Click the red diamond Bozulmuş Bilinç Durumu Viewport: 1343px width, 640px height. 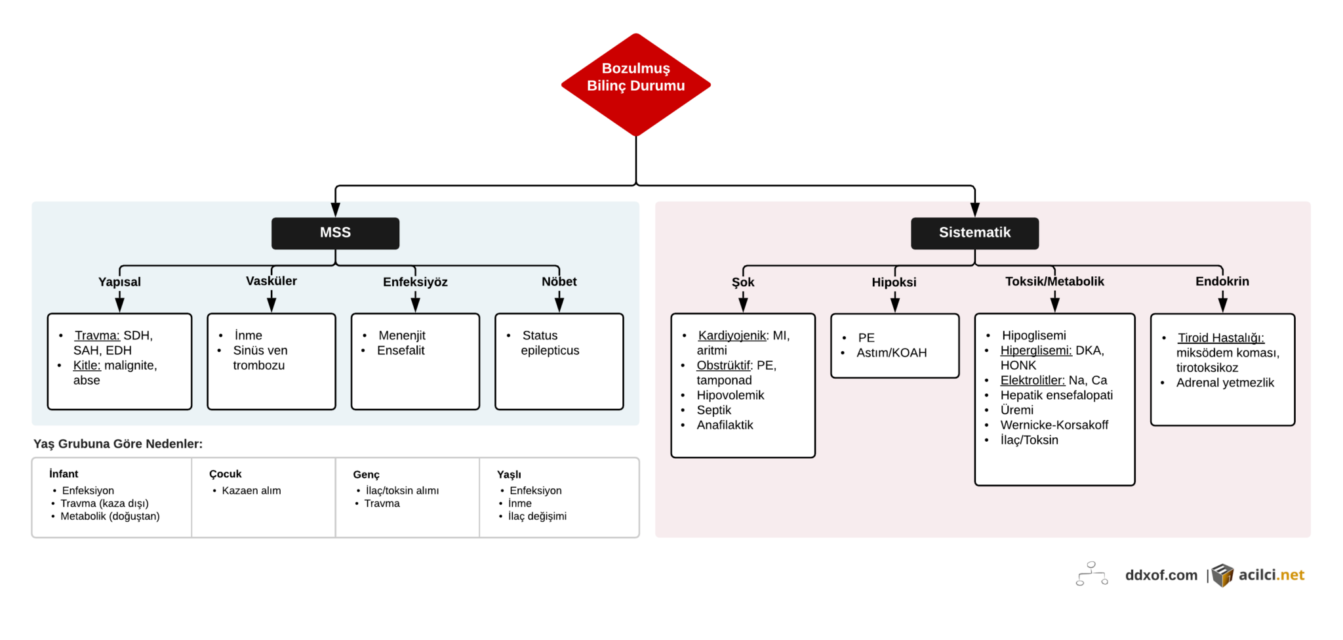635,85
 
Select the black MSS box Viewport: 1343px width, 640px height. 335,233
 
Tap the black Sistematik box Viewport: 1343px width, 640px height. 974,233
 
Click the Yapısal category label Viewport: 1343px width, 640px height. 119,282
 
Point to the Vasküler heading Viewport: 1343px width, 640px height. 271,281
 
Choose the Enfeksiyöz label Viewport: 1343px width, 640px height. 415,282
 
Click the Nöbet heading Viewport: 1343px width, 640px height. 559,282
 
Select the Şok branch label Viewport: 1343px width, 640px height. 743,282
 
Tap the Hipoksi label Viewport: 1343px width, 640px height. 894,282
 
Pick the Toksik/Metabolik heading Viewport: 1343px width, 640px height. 1054,282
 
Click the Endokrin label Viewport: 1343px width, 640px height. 1222,282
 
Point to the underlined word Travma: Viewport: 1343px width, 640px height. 97,335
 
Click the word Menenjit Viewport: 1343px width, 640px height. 402,335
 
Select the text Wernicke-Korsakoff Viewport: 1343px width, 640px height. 1054,425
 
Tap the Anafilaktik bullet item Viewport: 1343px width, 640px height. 725,425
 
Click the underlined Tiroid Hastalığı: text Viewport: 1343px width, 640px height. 1221,338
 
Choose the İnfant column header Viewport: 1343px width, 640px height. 64,474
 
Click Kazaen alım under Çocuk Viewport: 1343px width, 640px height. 251,490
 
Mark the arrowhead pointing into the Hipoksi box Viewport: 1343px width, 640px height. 894,305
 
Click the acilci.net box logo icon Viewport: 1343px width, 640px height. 1222,575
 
